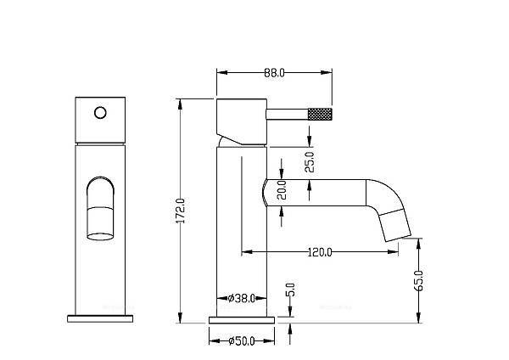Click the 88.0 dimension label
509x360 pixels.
274,73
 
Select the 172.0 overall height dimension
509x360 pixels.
182,211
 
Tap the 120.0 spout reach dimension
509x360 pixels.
320,252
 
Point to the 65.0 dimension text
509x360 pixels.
419,280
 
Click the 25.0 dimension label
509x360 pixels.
310,162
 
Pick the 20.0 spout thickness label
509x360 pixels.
282,189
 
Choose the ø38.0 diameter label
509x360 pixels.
242,298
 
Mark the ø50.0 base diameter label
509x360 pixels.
242,340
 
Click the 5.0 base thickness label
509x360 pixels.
290,290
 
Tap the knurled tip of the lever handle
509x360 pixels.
320,114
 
